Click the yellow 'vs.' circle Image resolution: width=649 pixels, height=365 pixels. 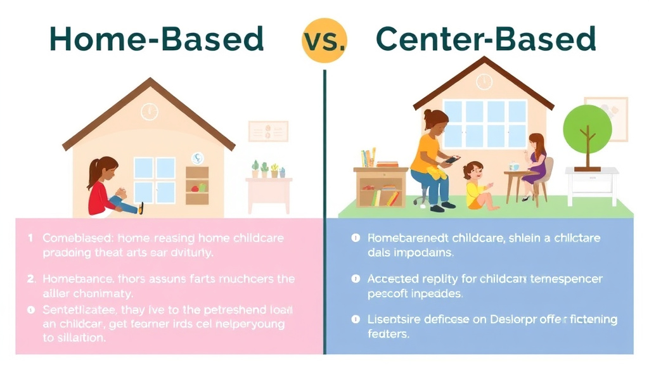point(324,40)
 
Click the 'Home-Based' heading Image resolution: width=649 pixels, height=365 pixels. point(156,39)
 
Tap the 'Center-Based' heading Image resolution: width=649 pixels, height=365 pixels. point(486,39)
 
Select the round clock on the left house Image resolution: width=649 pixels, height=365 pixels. point(149,112)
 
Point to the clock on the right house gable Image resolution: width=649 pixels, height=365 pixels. point(484,82)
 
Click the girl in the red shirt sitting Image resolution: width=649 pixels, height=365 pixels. point(109,188)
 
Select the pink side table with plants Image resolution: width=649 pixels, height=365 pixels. point(269,193)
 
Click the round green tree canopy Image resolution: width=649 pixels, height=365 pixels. point(587,125)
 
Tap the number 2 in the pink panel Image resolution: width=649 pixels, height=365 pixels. point(30,279)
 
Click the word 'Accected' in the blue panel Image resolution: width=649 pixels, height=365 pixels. point(392,279)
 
